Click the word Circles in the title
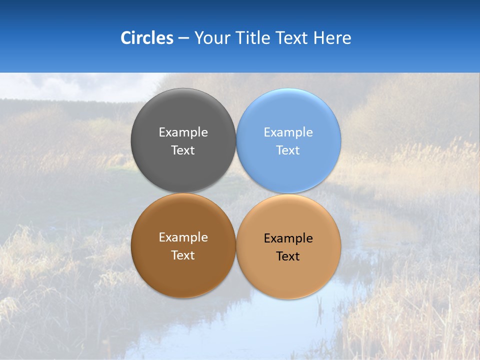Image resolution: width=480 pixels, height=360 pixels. (147, 38)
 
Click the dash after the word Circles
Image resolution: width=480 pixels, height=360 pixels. (183, 38)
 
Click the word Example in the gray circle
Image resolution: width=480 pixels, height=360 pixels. (183, 132)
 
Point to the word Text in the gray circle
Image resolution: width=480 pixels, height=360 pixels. (183, 150)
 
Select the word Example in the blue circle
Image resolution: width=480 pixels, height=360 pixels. (288, 132)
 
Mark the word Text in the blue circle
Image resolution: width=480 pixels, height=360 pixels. (288, 150)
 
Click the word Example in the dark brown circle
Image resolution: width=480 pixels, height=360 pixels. (183, 237)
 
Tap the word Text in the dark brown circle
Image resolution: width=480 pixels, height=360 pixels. (183, 255)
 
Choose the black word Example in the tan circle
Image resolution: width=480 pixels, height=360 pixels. (288, 238)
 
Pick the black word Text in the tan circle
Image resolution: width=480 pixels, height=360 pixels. (288, 256)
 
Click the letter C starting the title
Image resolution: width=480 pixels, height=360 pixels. (125, 38)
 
